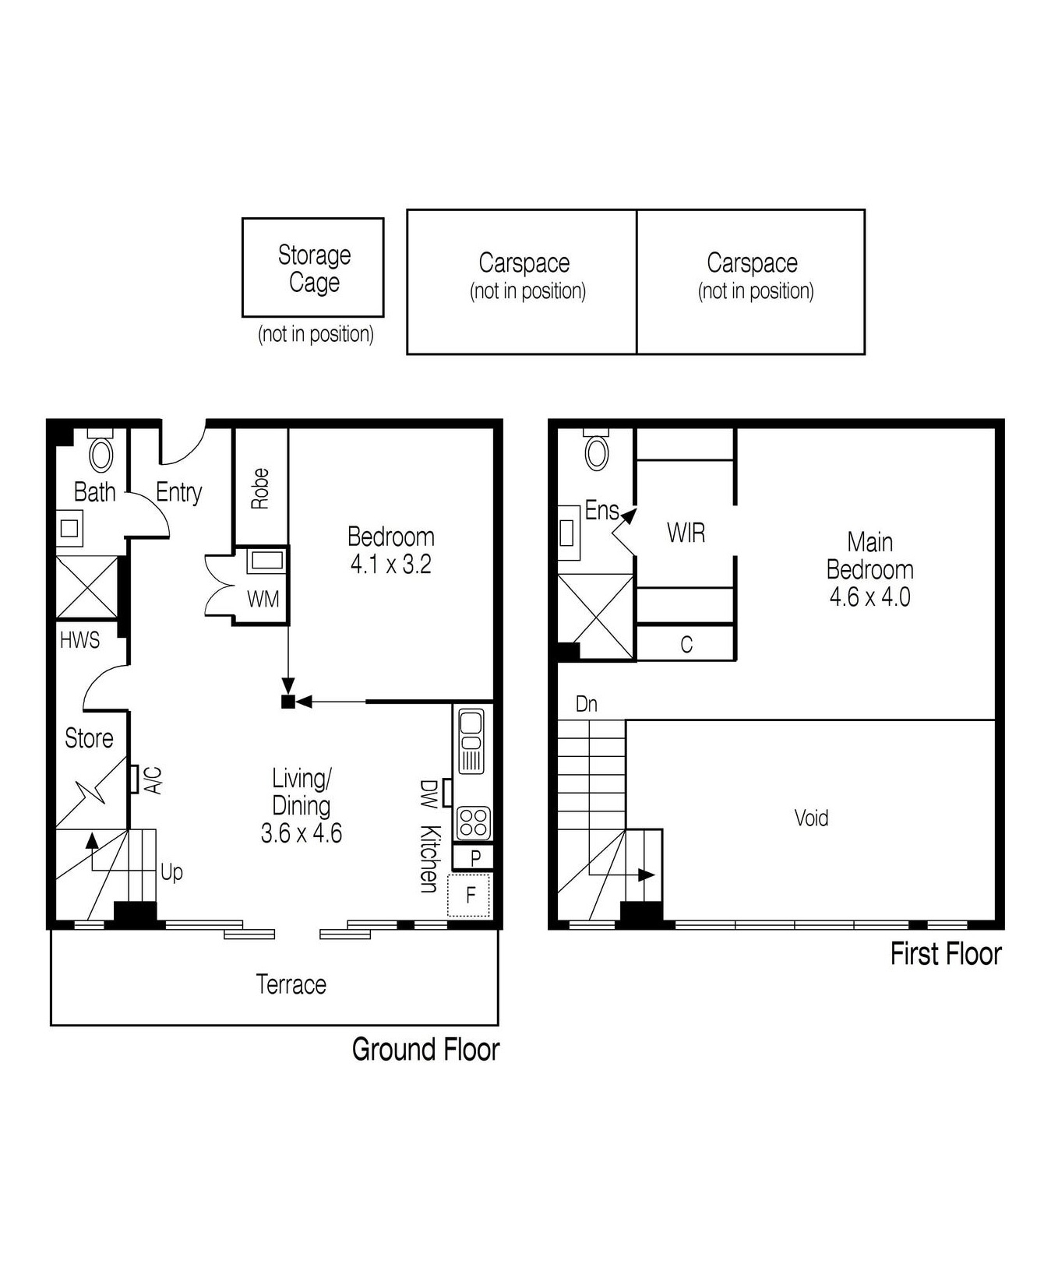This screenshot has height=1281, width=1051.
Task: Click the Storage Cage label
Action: (314, 269)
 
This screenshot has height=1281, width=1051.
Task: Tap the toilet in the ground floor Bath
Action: (101, 453)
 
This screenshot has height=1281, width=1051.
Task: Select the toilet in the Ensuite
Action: (597, 452)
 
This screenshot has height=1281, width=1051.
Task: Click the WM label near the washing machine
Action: (263, 600)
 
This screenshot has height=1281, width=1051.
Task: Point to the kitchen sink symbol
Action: (471, 740)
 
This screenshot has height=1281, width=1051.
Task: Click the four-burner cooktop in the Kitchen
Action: (472, 822)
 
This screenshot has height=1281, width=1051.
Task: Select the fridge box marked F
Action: (470, 895)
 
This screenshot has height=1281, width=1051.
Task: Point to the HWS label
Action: (80, 640)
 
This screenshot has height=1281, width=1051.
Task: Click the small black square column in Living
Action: (287, 702)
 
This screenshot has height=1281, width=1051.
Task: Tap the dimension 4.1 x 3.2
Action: (390, 564)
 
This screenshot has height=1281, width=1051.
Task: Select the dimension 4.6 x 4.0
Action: (869, 597)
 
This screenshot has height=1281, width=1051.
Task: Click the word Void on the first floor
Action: (811, 818)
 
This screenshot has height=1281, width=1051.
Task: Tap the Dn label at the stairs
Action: (586, 704)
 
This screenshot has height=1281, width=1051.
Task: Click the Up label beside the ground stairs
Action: (171, 871)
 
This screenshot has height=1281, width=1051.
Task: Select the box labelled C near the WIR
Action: (686, 644)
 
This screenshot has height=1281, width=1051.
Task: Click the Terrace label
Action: (291, 984)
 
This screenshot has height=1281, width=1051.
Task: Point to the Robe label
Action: (260, 488)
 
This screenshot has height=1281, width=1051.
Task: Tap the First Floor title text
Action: (945, 954)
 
